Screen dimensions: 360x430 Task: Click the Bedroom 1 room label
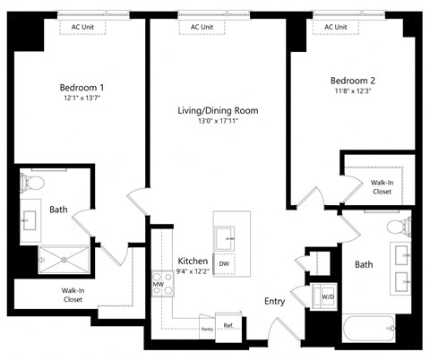[82, 87]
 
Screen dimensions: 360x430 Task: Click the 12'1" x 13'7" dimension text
[82, 99]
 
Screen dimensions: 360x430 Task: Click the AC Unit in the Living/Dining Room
[202, 27]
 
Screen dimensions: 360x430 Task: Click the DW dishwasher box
[225, 263]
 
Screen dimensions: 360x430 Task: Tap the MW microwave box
[158, 284]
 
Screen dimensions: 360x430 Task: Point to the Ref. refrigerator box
[228, 325]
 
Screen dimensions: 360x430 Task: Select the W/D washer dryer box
[328, 296]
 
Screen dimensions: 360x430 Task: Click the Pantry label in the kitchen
[207, 330]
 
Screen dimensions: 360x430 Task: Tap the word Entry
[274, 302]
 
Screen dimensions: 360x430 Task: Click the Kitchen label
[193, 261]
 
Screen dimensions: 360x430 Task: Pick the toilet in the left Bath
[35, 184]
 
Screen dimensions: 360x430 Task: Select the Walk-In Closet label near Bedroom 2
[382, 185]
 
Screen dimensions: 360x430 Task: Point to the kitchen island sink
[224, 236]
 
